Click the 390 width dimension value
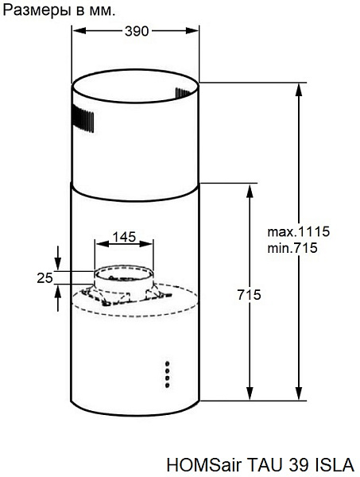coord(137,31)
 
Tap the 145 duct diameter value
coord(124,237)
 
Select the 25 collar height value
coord(45,277)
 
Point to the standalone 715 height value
coord(249,295)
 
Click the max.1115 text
coord(299,232)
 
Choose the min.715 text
coord(292,248)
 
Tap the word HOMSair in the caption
coord(204,465)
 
